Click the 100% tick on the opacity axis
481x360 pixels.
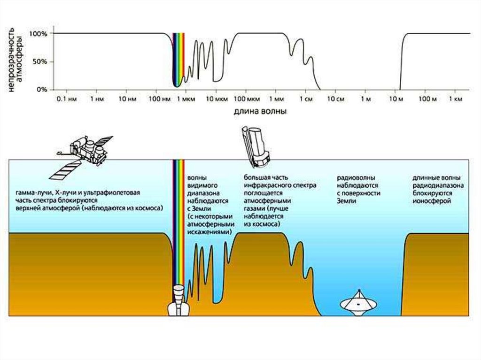point(39,34)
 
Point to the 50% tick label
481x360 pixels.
point(40,61)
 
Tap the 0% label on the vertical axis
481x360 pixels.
point(42,89)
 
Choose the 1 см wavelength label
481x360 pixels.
point(306,100)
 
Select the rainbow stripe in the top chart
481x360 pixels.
point(178,59)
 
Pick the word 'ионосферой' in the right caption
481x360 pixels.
point(432,200)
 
